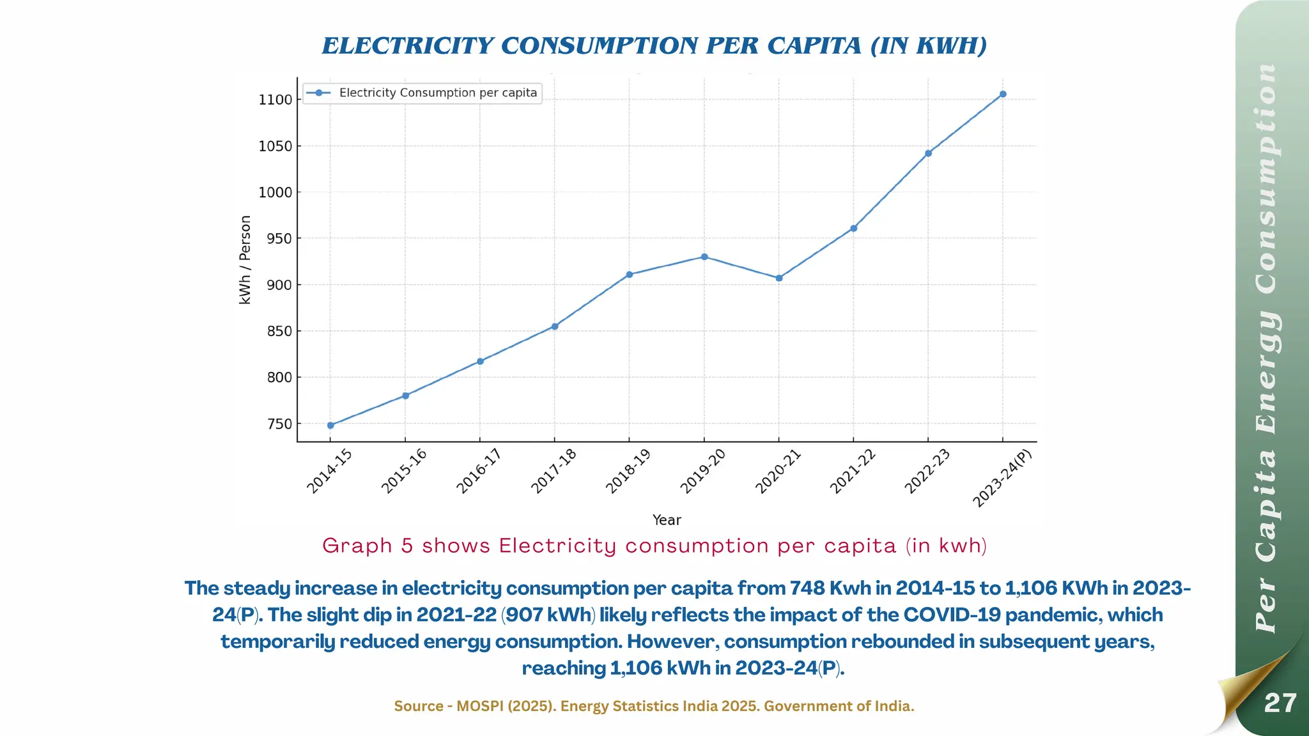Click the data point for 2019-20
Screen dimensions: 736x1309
tap(704, 257)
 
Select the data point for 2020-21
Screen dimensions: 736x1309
tap(778, 278)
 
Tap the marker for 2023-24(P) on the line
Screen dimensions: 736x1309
tap(1002, 94)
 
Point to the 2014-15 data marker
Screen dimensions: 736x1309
tap(330, 425)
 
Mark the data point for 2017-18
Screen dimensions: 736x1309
tap(555, 326)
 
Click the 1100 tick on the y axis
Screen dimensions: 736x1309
tap(275, 100)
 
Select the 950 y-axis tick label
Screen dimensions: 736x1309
tap(279, 239)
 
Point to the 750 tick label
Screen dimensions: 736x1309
tap(279, 424)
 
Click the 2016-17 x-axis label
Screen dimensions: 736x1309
tap(478, 471)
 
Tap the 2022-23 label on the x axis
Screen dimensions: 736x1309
tap(927, 471)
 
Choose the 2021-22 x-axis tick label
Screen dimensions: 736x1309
tap(852, 471)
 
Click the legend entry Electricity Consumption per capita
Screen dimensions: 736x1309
tap(437, 93)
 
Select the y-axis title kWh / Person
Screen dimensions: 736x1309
tap(245, 259)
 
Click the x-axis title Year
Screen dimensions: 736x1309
tap(667, 520)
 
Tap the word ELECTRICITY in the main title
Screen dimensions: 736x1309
tap(407, 46)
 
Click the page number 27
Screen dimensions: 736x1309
tap(1280, 703)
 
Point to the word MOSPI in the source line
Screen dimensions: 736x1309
tap(480, 706)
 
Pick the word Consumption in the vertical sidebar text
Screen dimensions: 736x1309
tap(1266, 179)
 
